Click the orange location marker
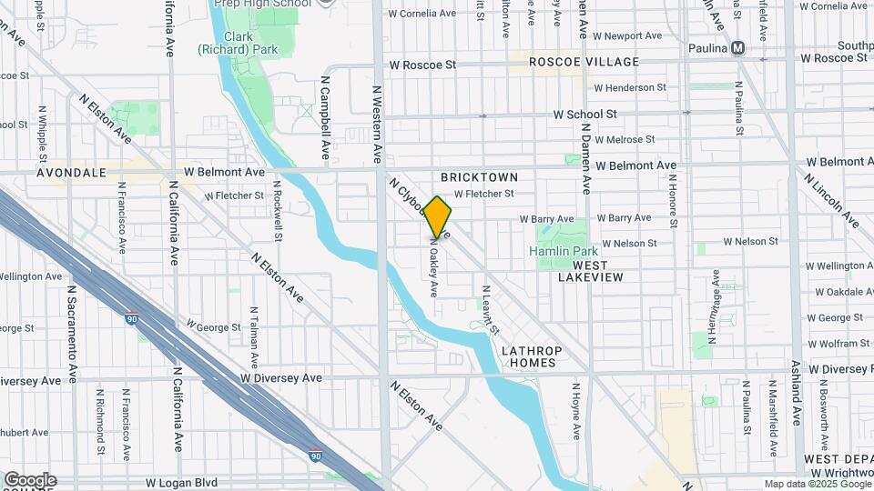point(438,217)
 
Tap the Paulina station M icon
point(737,48)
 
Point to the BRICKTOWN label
point(479,177)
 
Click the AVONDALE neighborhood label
point(72,172)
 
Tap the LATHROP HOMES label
point(533,356)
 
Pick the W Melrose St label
point(624,139)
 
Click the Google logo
point(29,480)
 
